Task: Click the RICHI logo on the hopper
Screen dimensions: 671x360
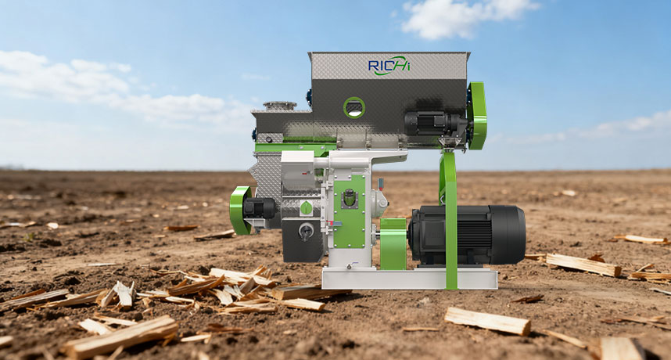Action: tap(389, 66)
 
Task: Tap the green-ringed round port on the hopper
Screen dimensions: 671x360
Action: tap(354, 107)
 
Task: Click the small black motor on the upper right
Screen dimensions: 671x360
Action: tap(435, 124)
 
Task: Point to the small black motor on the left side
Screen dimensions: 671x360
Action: tap(259, 208)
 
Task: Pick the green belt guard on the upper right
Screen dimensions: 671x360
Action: tap(477, 116)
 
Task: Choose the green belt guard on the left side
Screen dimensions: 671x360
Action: tap(240, 211)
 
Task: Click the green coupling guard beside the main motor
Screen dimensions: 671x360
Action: tap(393, 244)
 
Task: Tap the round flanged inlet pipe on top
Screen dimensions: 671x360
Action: tap(280, 106)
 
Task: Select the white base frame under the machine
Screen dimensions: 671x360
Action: tap(410, 279)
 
